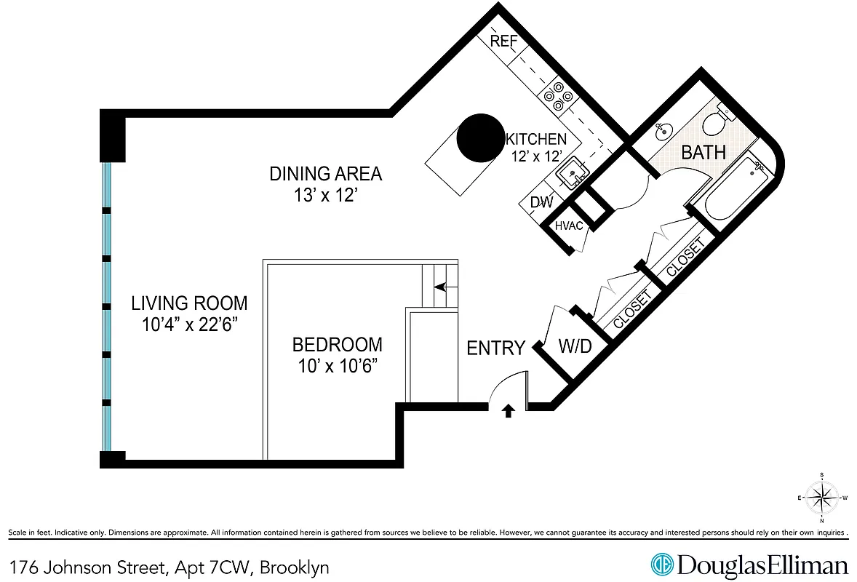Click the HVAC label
click(569, 226)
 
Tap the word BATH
click(703, 152)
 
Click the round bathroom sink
click(663, 132)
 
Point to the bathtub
click(734, 188)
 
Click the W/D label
click(575, 346)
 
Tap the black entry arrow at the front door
click(509, 412)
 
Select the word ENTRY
click(495, 348)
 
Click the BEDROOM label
click(337, 345)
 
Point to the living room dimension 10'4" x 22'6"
click(188, 324)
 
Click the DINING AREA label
click(325, 174)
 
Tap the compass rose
click(821, 498)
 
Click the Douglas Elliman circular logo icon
click(661, 565)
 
